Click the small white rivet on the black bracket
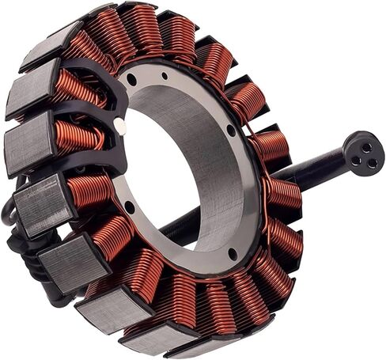point(119,125)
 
